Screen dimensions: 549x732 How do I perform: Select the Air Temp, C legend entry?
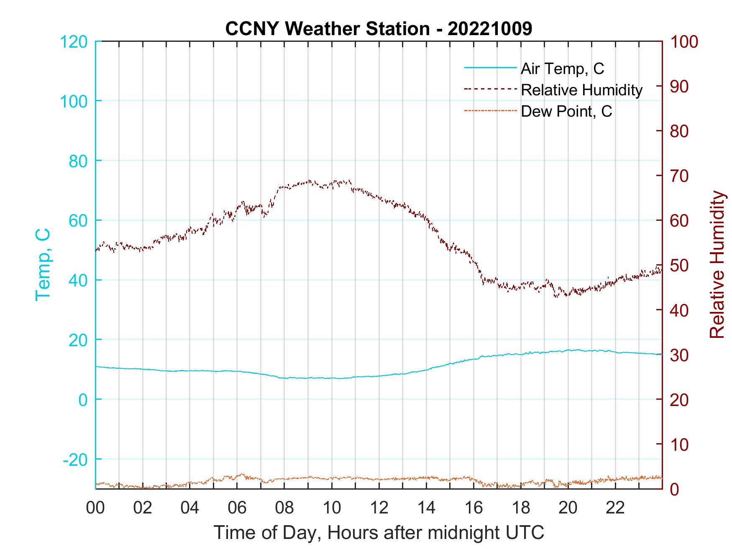(562, 68)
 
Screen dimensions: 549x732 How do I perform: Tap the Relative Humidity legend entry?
(581, 90)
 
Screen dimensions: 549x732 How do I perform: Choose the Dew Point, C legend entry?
(566, 111)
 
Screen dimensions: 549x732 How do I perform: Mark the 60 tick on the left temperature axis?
(77, 221)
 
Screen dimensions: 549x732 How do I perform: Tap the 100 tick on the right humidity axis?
(684, 42)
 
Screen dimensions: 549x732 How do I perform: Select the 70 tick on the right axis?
(680, 176)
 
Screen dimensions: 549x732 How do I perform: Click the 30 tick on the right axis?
(680, 355)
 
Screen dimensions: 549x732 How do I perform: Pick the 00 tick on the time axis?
(95, 508)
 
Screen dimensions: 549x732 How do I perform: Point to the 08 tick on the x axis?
(284, 508)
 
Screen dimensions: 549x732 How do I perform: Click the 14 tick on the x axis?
(426, 508)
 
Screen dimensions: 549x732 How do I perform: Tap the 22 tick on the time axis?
(615, 508)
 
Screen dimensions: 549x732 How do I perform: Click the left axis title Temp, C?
(43, 264)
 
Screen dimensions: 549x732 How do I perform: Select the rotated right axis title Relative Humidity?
(717, 264)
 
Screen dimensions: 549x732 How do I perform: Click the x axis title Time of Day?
(379, 533)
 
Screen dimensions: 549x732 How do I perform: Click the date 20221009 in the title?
(490, 29)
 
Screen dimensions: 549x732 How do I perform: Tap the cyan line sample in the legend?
(490, 68)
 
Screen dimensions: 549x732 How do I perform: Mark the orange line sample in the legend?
(490, 111)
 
